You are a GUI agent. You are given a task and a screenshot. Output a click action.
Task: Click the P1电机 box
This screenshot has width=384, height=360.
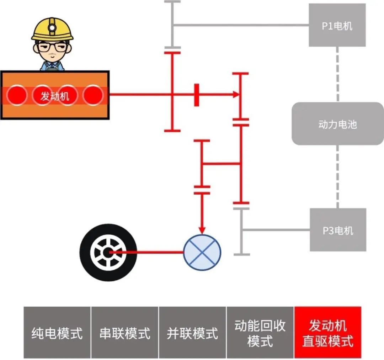(337, 25)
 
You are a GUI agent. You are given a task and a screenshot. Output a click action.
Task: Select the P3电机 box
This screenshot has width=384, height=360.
(338, 230)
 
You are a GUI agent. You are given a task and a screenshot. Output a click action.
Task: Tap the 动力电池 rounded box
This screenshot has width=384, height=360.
(337, 124)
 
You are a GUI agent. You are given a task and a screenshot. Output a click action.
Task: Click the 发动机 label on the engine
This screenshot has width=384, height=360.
(54, 96)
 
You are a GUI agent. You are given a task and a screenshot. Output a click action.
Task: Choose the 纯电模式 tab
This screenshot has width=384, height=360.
(57, 333)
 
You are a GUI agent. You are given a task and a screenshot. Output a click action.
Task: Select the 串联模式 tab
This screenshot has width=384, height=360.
(125, 333)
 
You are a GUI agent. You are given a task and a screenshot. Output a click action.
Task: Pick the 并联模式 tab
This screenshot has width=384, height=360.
(192, 333)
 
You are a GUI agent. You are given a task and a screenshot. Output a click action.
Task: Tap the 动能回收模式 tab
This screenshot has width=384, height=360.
(260, 333)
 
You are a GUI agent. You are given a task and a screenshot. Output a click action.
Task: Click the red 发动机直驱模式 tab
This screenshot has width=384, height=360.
(327, 333)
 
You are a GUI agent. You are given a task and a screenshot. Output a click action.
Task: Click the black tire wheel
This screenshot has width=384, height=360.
(108, 252)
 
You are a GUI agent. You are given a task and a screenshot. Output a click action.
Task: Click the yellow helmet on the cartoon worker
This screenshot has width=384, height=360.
(52, 28)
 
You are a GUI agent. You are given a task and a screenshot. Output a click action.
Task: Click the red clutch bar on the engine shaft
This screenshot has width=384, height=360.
(196, 95)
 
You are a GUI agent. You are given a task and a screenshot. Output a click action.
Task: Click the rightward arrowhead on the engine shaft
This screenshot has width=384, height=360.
(235, 95)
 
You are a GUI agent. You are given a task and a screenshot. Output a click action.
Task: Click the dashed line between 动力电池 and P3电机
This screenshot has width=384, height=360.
(337, 176)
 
